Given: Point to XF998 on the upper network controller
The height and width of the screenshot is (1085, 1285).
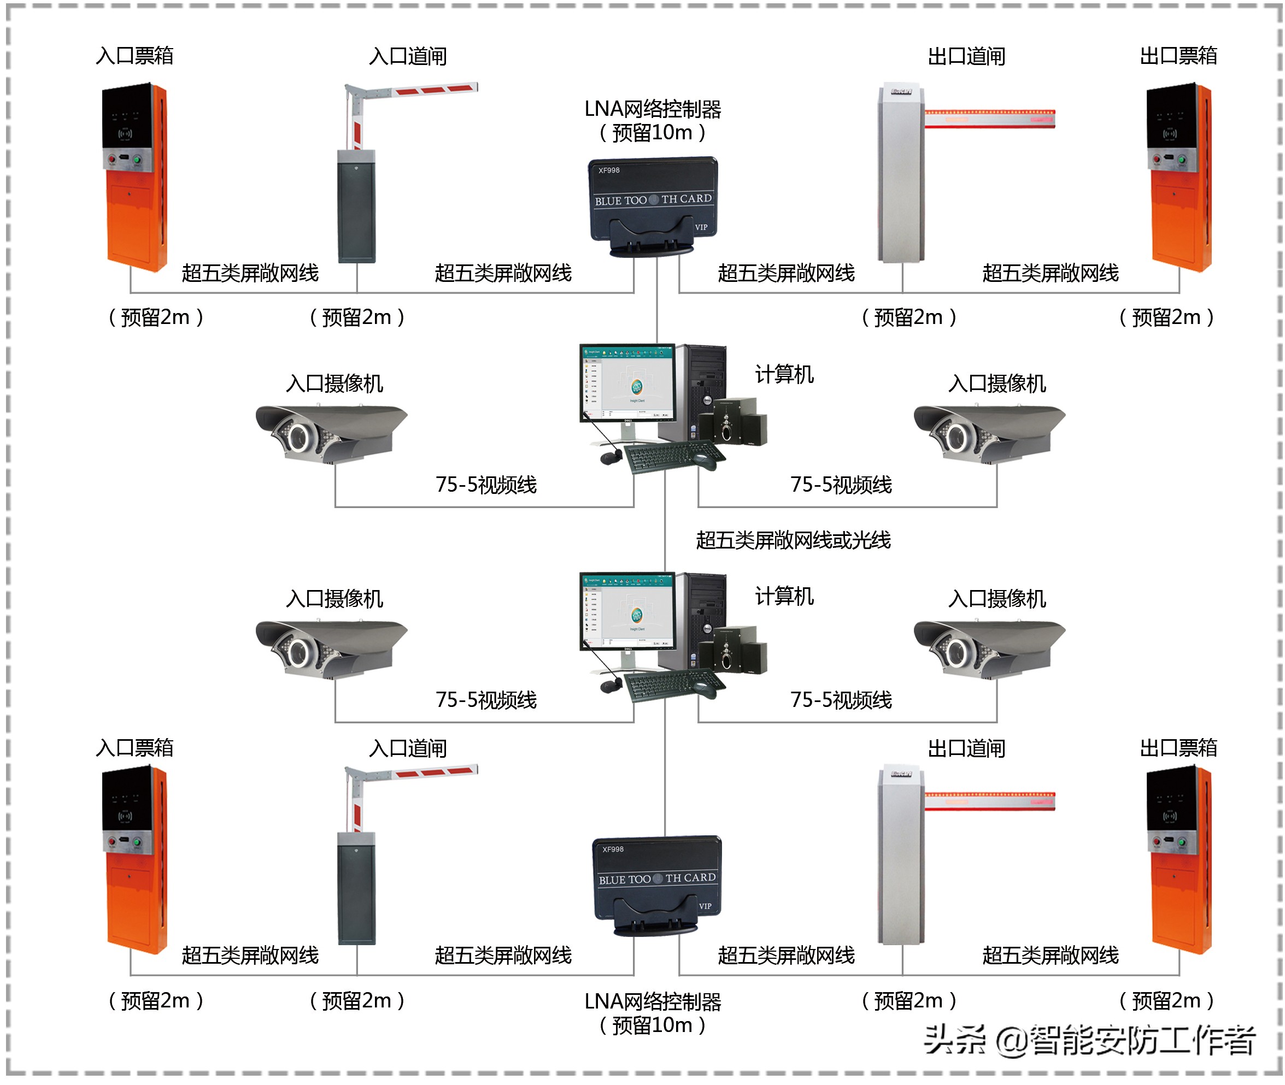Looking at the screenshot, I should [609, 170].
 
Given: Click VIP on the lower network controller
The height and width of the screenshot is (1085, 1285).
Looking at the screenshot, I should [705, 906].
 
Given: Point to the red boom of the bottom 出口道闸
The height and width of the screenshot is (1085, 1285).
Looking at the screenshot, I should [990, 801].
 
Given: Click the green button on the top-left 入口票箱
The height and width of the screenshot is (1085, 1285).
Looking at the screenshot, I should [137, 160].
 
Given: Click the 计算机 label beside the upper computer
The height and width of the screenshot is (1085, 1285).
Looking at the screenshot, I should [784, 374].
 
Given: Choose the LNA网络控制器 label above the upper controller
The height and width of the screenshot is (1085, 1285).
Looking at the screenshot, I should [653, 109].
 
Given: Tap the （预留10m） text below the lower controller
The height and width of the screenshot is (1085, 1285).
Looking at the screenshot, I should [653, 1025].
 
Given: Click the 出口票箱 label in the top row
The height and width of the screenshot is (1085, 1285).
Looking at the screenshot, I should [1178, 55].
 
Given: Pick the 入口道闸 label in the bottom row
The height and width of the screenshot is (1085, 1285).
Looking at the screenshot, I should [407, 748].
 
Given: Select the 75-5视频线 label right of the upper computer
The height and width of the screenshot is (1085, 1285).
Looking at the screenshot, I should [841, 485].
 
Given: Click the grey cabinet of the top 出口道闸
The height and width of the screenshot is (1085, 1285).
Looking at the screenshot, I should [900, 178].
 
